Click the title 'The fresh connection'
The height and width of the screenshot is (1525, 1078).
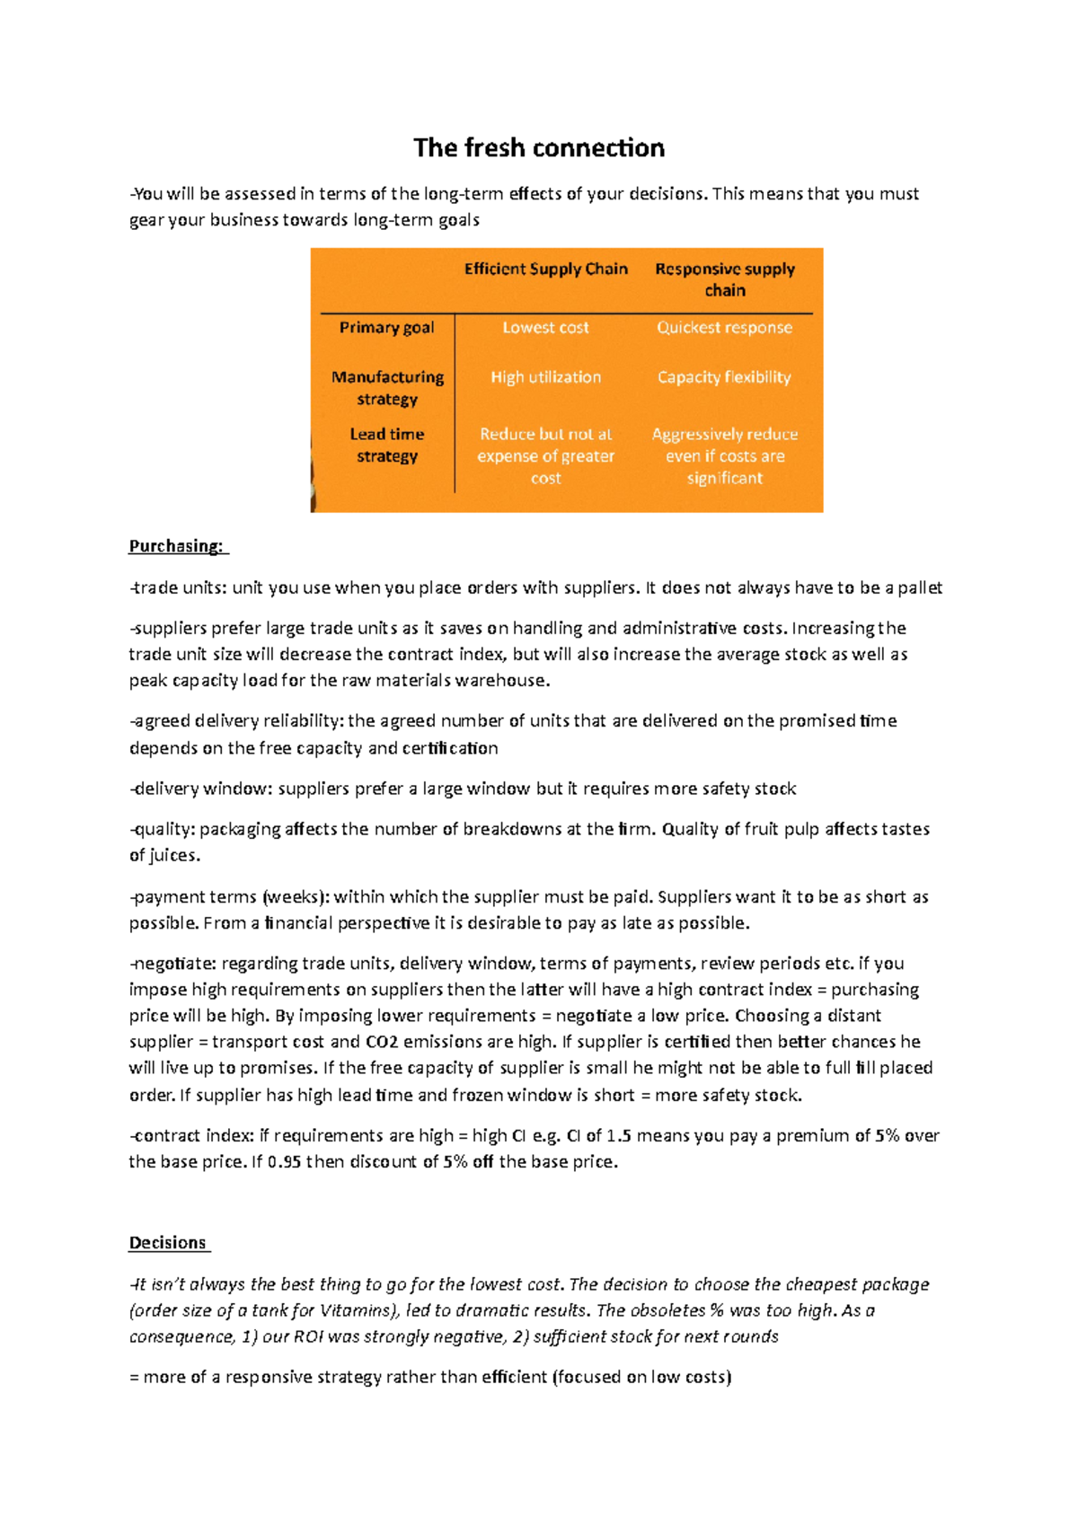[x=539, y=148]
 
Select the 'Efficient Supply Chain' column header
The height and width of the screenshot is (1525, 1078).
[x=545, y=269]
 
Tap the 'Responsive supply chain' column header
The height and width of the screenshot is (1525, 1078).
[x=724, y=279]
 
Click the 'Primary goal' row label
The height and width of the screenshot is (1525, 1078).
[x=386, y=328]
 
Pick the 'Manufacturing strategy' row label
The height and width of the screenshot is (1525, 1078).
[x=387, y=388]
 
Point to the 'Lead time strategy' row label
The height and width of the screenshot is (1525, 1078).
[x=387, y=445]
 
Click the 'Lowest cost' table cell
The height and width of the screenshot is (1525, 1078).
[x=545, y=328]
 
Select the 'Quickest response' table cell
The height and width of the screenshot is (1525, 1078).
[x=724, y=328]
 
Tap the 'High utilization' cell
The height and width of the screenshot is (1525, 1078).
[x=545, y=377]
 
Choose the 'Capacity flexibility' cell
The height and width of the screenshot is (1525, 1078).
[x=724, y=377]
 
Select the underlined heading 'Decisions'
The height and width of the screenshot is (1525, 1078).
[x=168, y=1243]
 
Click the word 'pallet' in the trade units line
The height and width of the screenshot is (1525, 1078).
[x=920, y=588]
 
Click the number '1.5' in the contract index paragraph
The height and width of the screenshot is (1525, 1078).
[x=619, y=1135]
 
